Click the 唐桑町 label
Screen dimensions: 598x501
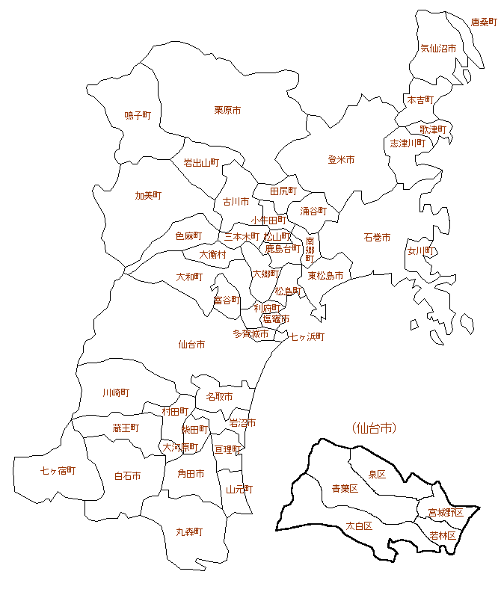(484, 22)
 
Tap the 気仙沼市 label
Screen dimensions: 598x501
(438, 48)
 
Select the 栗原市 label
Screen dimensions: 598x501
(227, 110)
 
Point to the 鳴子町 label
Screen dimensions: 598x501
(138, 115)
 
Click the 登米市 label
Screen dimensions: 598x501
(341, 160)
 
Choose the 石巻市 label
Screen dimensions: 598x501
(377, 238)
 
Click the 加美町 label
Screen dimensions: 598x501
(148, 196)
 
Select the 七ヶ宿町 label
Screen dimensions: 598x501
(58, 471)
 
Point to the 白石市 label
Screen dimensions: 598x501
(128, 475)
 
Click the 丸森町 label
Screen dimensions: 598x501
(189, 531)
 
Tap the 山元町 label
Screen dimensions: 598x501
(239, 490)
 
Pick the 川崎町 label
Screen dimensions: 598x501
(116, 392)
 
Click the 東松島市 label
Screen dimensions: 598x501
(325, 276)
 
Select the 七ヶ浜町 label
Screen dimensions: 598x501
(307, 337)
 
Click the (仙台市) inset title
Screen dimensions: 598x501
(373, 428)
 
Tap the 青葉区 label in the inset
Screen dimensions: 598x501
(345, 489)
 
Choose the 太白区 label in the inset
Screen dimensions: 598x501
(359, 525)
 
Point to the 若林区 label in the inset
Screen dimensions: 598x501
(443, 536)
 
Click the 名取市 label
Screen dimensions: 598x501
(219, 396)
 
